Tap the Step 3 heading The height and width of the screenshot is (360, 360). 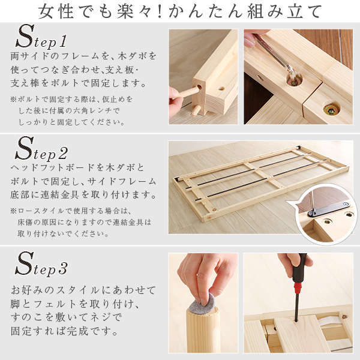(42, 263)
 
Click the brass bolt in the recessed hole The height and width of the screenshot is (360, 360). (329, 110)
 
